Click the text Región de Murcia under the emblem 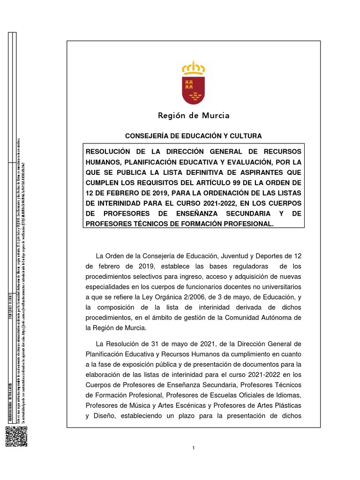193,115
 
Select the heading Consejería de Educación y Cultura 193,136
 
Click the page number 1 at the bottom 193,448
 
